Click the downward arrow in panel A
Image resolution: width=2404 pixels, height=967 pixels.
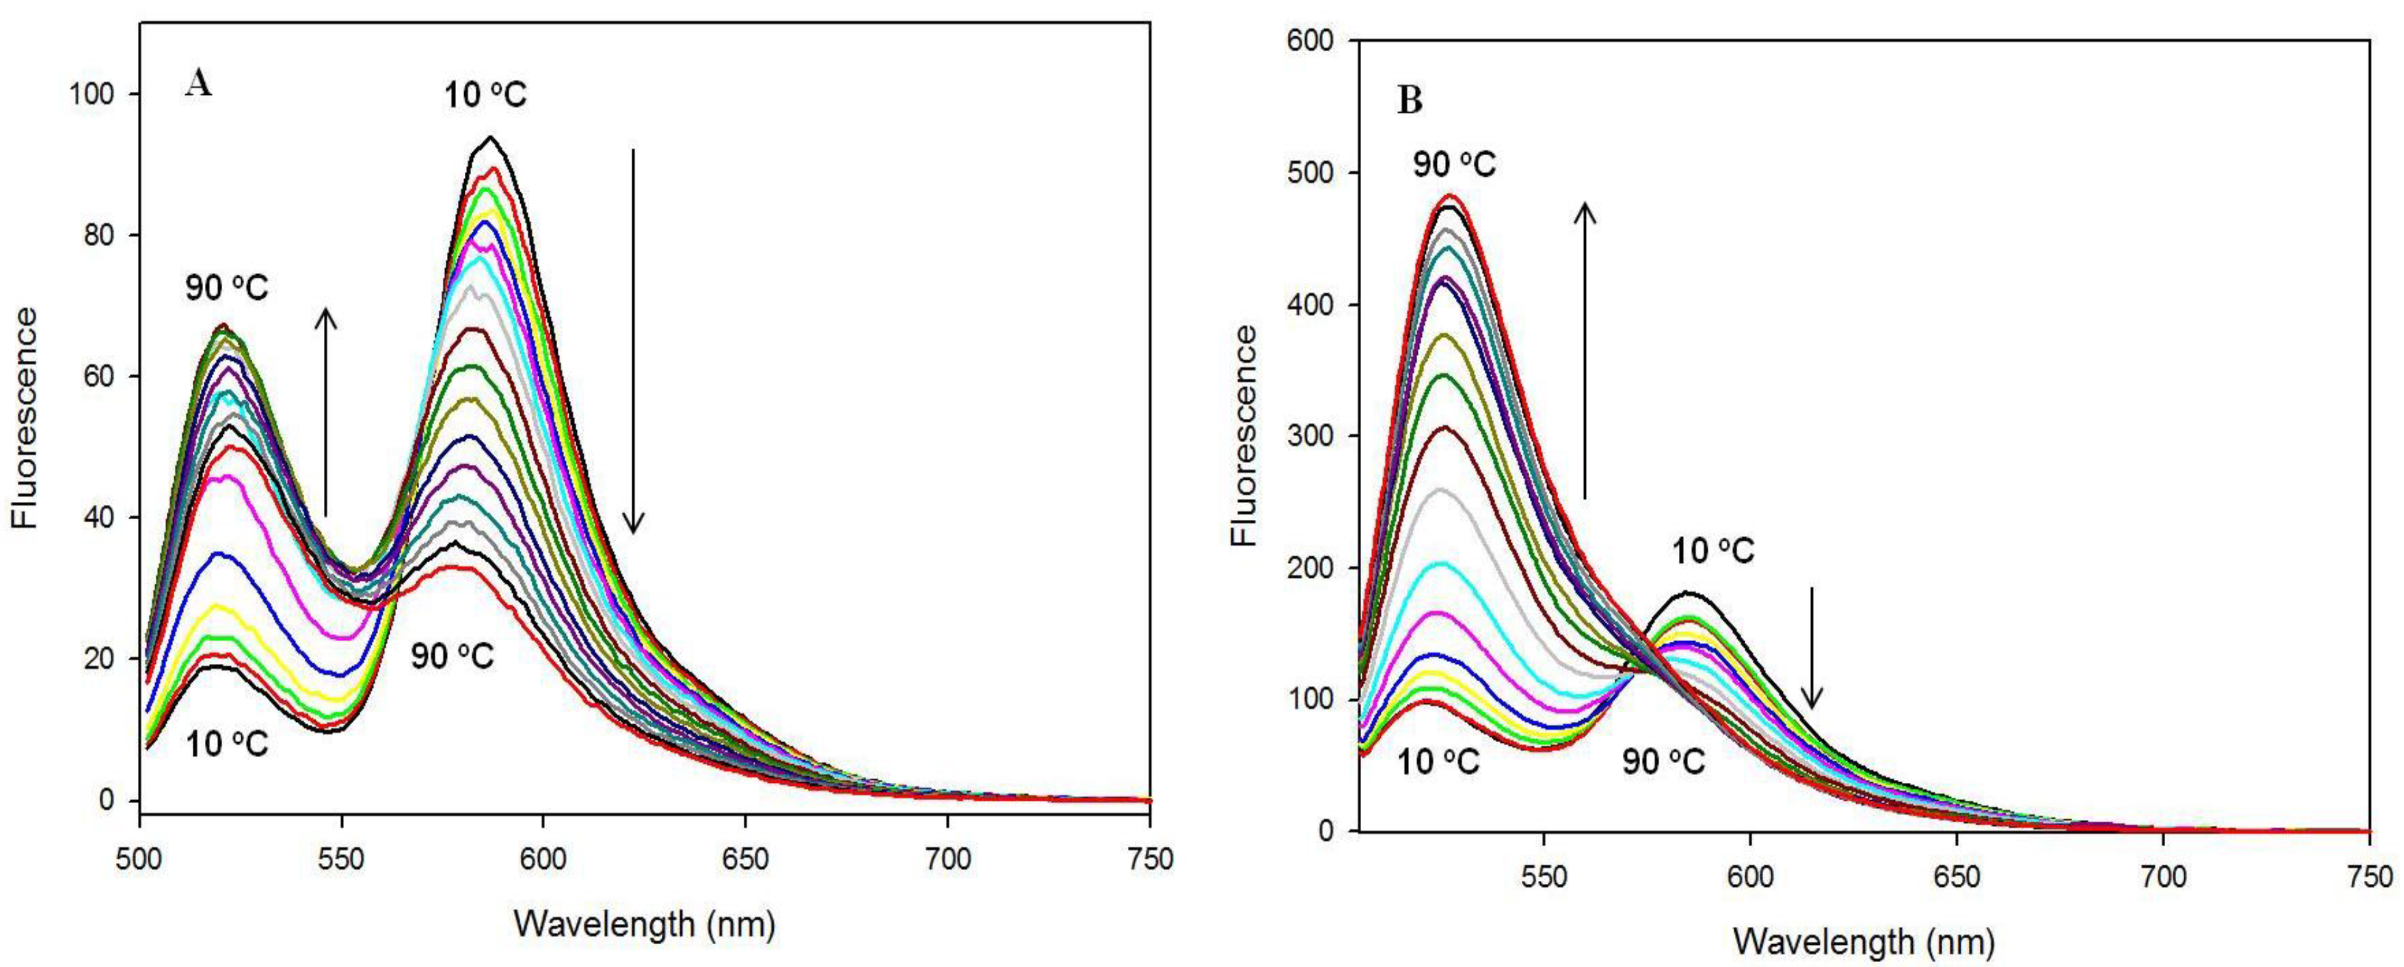pyautogui.click(x=633, y=341)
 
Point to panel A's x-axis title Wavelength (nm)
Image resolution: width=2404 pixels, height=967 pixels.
pyautogui.click(x=644, y=923)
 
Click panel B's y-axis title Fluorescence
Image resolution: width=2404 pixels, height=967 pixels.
pyautogui.click(x=1244, y=436)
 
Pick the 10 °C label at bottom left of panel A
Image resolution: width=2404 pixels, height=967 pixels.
pyautogui.click(x=227, y=744)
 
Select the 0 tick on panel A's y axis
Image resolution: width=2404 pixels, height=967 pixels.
pyautogui.click(x=108, y=801)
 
